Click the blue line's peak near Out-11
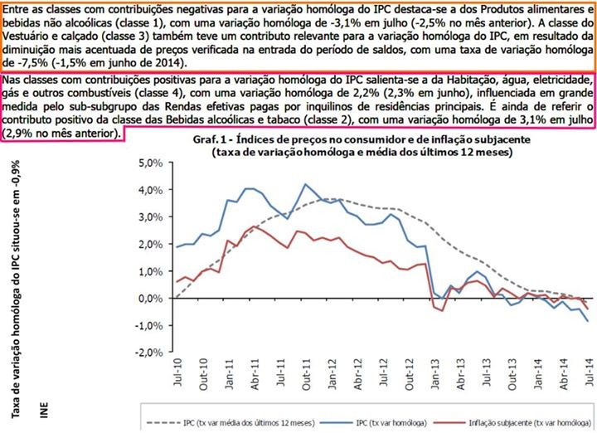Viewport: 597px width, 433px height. [x=306, y=184]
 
